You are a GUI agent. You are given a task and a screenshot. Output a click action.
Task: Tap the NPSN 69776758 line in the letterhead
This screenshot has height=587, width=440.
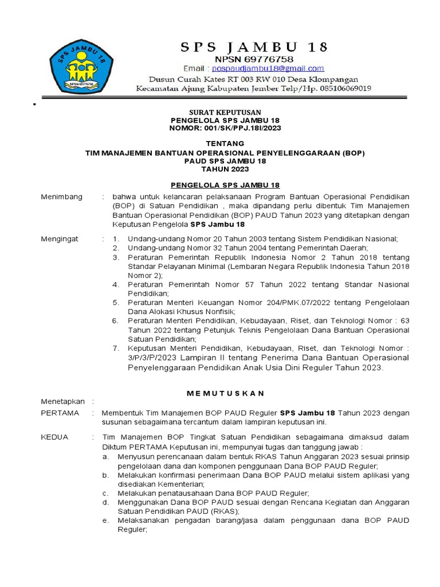pos(254,58)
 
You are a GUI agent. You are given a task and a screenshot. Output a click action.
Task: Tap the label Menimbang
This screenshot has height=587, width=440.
pos(62,197)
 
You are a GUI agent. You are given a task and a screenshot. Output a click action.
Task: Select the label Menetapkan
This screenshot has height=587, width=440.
pos(62,401)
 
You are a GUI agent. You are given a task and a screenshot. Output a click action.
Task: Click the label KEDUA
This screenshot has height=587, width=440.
pos(55,437)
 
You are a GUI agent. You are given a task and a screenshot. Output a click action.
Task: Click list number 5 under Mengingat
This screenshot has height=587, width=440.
pos(115,302)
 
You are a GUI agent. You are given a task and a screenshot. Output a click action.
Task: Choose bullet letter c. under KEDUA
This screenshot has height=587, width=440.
pos(105,493)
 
